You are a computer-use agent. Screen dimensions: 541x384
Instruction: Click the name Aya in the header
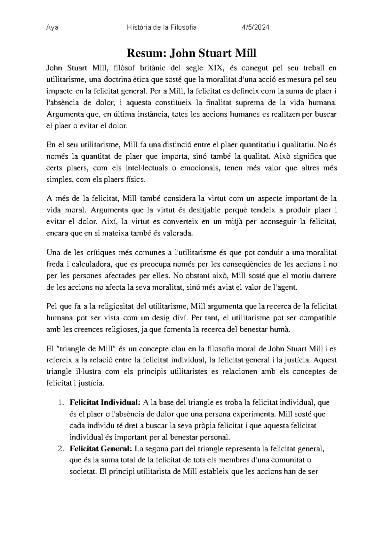coord(52,27)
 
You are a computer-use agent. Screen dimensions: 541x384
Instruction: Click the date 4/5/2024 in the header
coord(255,27)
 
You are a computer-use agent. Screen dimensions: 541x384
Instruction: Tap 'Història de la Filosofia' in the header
coord(162,27)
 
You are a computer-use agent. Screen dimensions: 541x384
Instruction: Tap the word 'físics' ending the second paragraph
coord(137,180)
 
